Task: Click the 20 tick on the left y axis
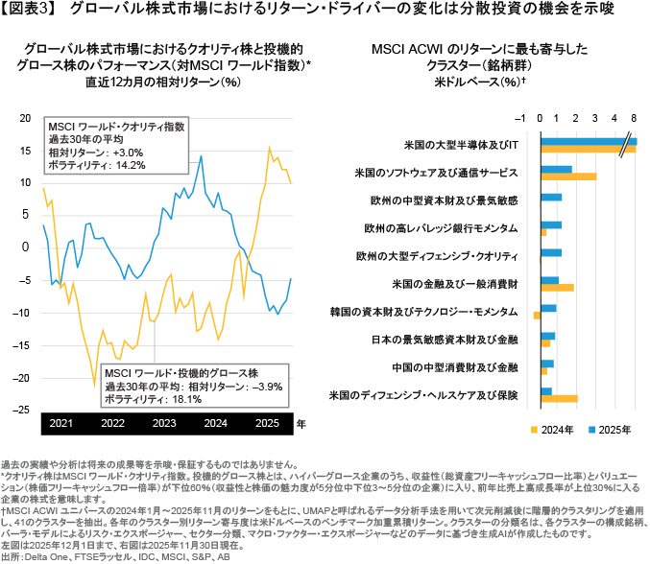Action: [27, 116]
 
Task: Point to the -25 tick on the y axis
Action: [24, 411]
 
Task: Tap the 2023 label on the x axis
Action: [164, 422]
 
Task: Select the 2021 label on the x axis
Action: [60, 422]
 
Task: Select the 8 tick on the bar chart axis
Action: [631, 117]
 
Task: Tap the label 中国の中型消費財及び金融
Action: [469, 367]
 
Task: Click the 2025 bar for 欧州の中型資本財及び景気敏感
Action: [551, 198]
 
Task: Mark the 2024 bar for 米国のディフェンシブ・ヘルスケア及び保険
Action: [559, 398]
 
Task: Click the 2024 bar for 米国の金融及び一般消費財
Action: [557, 287]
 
